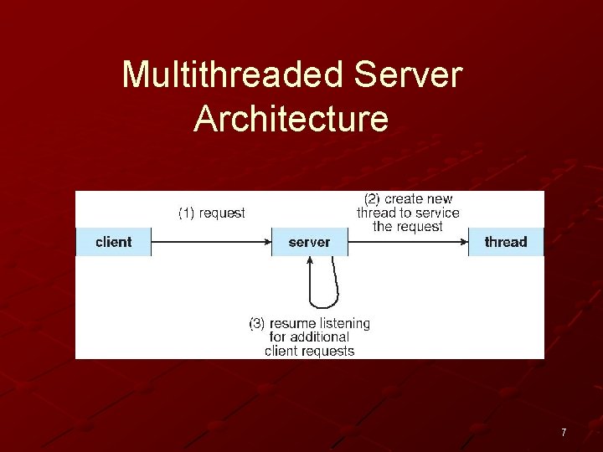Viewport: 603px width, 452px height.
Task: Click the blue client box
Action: pos(114,242)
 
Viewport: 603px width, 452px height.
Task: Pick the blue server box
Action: pos(309,242)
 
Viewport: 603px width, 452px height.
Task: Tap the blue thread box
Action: pos(506,242)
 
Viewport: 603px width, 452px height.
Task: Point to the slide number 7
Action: pos(564,433)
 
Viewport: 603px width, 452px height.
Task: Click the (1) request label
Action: pos(212,213)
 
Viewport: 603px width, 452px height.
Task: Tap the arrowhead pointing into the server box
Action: pos(267,242)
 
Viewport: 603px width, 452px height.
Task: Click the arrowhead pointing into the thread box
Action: pos(463,242)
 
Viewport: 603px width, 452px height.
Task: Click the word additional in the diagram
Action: pos(321,337)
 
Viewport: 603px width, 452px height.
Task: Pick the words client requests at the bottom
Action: pos(309,351)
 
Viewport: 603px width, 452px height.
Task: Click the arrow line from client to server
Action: pos(209,242)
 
